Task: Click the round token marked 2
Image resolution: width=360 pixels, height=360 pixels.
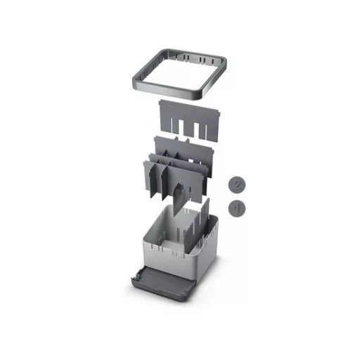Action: [238, 184]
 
